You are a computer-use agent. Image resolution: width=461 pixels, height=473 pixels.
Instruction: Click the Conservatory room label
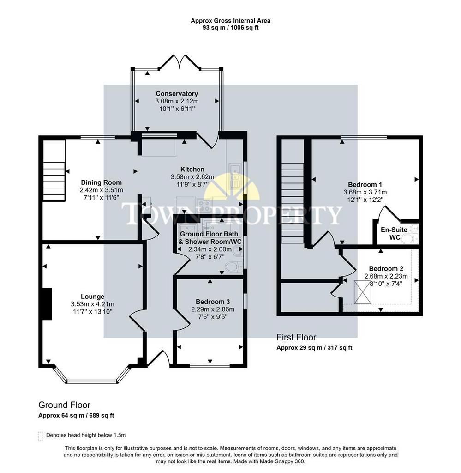click(x=177, y=93)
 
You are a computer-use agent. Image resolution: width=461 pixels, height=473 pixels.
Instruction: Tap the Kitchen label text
click(x=192, y=169)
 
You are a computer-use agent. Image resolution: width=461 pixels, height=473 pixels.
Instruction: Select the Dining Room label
click(x=101, y=182)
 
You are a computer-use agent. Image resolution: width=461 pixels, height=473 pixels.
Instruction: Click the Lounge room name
click(x=92, y=297)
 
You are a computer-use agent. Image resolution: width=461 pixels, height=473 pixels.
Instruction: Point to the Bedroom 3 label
click(x=213, y=302)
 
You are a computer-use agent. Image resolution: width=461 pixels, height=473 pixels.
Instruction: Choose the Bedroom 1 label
click(x=365, y=184)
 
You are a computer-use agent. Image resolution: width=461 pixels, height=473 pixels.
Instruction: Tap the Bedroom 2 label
click(x=386, y=268)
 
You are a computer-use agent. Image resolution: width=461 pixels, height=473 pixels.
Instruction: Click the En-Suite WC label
click(x=394, y=233)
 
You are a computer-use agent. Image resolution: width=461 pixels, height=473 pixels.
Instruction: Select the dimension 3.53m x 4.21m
click(x=92, y=304)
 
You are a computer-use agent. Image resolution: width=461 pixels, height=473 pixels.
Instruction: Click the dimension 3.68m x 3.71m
click(x=365, y=192)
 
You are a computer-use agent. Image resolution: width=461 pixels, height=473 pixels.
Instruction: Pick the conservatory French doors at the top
click(x=179, y=62)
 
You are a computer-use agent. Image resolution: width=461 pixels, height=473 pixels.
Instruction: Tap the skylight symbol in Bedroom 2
click(x=362, y=292)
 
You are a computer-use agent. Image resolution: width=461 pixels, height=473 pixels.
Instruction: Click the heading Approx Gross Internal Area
click(x=231, y=21)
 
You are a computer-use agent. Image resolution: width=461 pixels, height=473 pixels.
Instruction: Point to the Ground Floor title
click(x=64, y=405)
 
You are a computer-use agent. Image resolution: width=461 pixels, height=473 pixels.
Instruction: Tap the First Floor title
click(x=296, y=337)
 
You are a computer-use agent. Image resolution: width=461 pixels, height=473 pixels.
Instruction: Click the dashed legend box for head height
click(x=40, y=436)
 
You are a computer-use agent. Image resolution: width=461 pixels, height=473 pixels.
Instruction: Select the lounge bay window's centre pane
click(x=91, y=382)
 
